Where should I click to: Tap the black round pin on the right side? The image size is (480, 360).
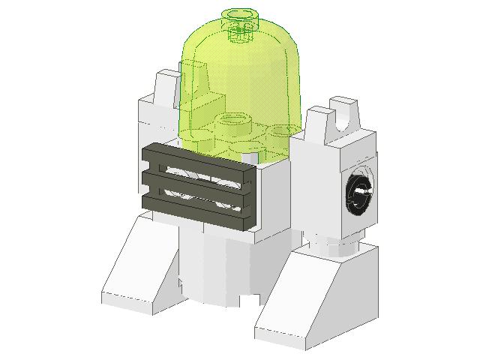pyautogui.click(x=358, y=192)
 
